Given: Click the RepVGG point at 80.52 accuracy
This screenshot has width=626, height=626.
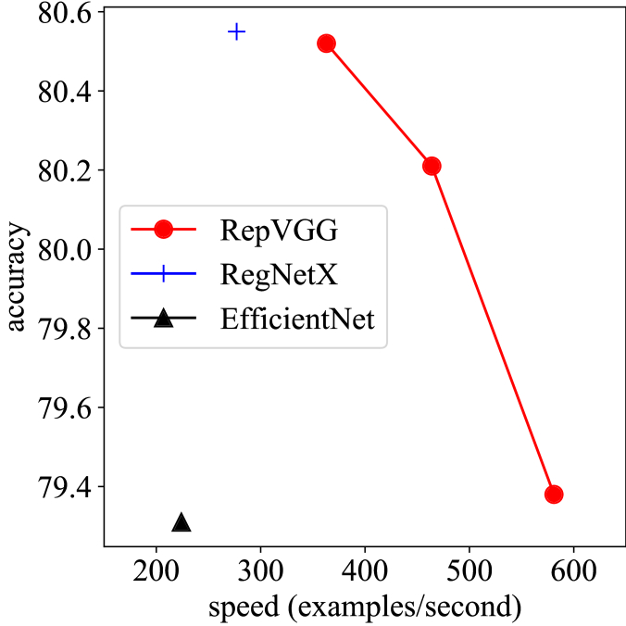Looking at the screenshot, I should [x=326, y=44].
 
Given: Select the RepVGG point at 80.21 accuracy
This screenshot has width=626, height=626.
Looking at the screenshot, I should [x=431, y=166].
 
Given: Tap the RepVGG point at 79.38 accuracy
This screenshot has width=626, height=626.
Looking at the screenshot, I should [x=554, y=494].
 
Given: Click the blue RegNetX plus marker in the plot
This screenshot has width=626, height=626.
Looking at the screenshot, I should [x=237, y=31].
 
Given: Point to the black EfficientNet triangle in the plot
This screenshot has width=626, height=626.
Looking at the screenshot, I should [x=182, y=523].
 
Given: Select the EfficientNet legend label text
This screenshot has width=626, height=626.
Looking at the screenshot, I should [x=297, y=319].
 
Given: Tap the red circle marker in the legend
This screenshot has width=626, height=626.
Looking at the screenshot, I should [x=164, y=229].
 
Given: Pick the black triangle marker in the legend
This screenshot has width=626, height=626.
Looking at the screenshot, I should [x=164, y=319].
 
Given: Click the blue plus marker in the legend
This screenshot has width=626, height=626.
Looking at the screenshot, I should [x=164, y=274].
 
